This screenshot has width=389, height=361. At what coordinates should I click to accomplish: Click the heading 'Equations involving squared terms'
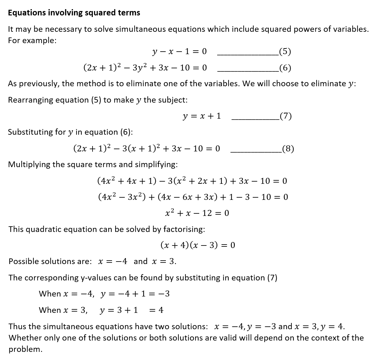tap(74, 13)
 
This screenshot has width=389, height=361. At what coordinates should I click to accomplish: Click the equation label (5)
tap(285, 52)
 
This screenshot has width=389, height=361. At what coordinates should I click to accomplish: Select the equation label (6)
tap(285, 68)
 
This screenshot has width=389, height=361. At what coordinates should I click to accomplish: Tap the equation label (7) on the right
tap(285, 116)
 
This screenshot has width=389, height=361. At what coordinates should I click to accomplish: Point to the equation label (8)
tap(288, 149)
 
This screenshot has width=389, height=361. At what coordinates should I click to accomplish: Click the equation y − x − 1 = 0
tap(179, 52)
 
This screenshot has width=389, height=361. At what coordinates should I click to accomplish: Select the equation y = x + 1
tap(202, 116)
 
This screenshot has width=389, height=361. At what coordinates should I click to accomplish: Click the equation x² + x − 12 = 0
tap(197, 213)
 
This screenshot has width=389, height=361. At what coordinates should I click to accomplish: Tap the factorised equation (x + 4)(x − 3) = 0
tap(198, 245)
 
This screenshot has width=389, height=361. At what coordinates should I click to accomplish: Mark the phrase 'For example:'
tap(32, 41)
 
